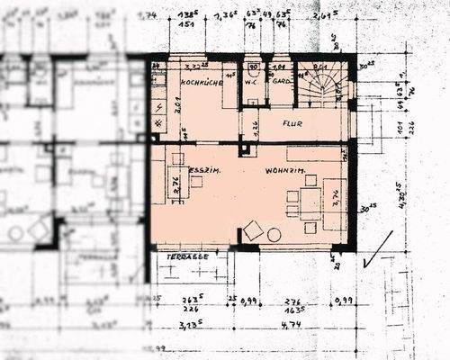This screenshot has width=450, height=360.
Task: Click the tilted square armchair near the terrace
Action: [254, 230]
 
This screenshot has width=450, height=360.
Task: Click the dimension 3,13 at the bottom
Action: [189, 326]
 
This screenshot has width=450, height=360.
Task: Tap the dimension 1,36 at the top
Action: [227, 14]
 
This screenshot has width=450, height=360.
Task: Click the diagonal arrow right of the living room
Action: [377, 250]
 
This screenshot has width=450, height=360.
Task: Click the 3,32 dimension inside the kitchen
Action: [193, 67]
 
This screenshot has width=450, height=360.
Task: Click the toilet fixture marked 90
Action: [254, 67]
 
